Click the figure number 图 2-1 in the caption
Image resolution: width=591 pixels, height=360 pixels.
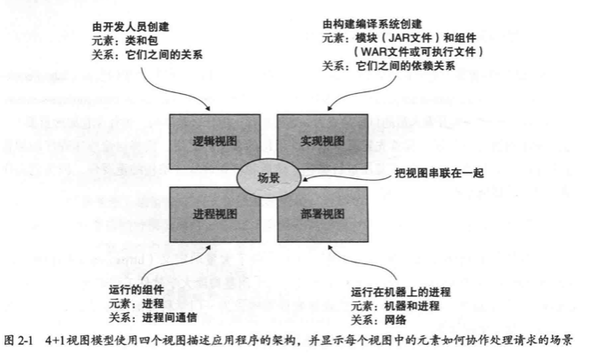tap(21, 341)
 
